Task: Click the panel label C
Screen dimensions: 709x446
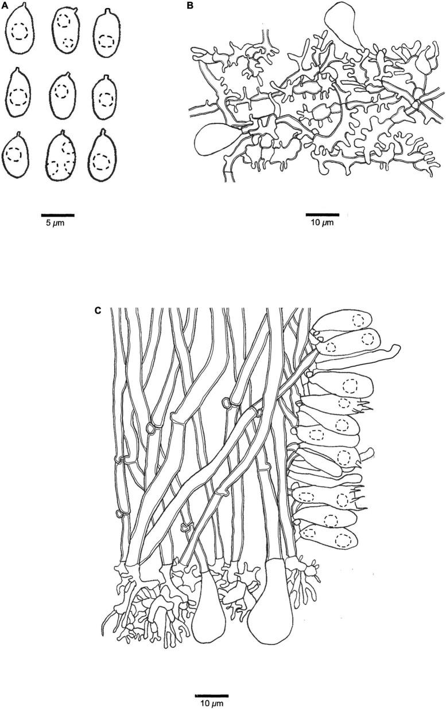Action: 98,310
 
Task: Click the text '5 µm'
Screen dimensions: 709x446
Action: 55,223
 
